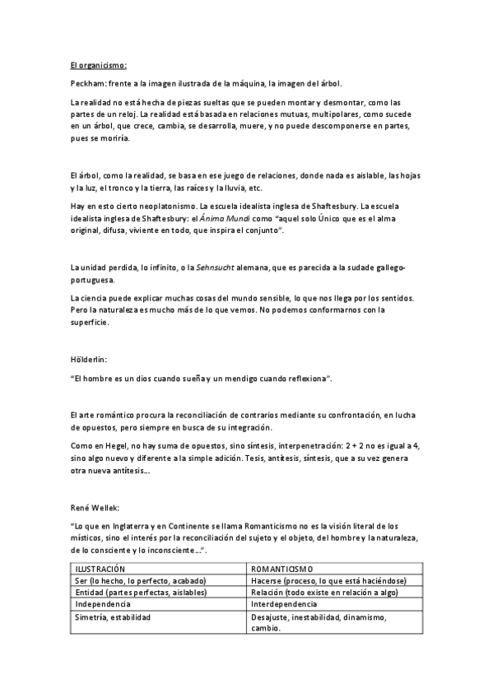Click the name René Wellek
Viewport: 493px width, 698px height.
coord(96,509)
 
